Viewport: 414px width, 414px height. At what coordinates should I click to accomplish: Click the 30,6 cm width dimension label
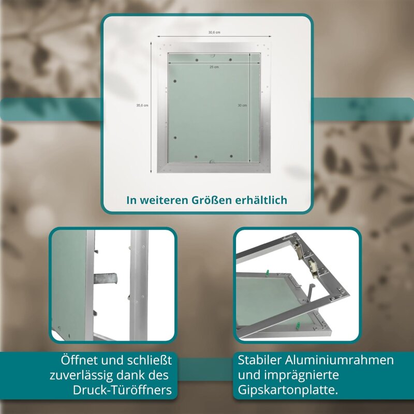214,33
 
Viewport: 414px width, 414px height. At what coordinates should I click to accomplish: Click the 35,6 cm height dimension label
142,106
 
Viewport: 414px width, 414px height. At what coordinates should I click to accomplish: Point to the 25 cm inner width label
214,67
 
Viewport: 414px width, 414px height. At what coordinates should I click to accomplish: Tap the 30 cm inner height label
242,106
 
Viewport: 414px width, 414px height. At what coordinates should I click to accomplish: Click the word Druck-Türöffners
122,390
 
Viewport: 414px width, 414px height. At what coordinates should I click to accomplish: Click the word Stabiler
260,360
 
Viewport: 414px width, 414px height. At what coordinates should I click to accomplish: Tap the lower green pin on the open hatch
298,326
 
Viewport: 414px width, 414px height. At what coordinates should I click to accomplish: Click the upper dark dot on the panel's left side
175,81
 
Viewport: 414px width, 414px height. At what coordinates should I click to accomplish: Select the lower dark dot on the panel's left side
175,138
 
